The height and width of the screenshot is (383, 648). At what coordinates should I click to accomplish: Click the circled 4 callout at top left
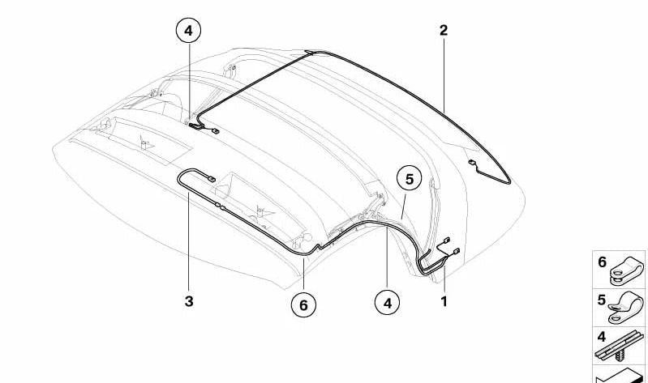[188, 31]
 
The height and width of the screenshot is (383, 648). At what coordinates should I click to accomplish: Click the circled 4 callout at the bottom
[387, 303]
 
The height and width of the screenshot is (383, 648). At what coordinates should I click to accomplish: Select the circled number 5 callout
[409, 179]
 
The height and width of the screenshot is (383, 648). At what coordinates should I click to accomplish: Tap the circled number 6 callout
[303, 305]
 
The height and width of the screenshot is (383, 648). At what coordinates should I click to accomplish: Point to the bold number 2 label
[444, 30]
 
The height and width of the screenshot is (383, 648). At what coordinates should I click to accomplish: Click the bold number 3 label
[189, 301]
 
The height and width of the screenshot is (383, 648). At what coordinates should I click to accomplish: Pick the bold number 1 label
[444, 302]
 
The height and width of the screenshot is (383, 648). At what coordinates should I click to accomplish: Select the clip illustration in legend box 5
[625, 308]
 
